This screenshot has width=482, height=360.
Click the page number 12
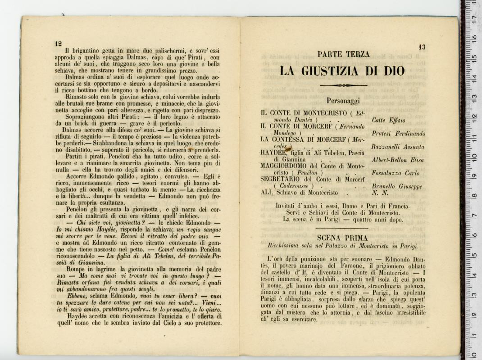(58, 44)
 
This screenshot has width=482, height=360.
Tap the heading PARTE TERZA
(343, 54)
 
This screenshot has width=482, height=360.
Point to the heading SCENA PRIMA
(342, 238)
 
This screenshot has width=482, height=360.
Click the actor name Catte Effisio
(388, 121)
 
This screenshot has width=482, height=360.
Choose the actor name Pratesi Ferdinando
(398, 134)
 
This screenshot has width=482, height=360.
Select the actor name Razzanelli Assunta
(398, 147)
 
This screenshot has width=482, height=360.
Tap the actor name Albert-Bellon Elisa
(398, 160)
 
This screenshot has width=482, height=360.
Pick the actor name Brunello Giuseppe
(397, 186)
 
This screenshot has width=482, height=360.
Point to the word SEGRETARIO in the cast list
(283, 179)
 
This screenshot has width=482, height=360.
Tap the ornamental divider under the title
(343, 85)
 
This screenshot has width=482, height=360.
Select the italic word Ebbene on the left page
(78, 296)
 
